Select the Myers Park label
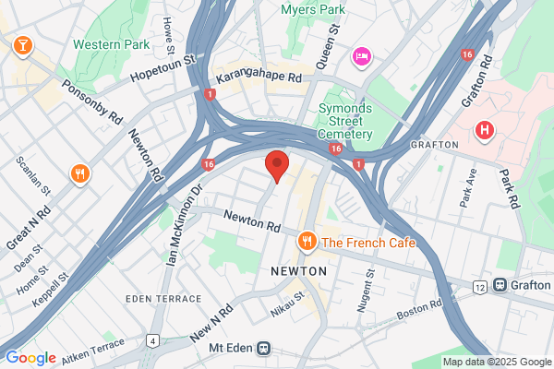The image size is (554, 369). click(x=312, y=10)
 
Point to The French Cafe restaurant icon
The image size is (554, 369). click(x=307, y=242)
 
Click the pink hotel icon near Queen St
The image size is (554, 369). click(x=360, y=57)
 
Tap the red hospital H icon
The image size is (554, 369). click(x=483, y=130)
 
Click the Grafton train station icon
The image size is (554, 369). click(x=500, y=287)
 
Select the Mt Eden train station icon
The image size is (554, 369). click(x=264, y=349)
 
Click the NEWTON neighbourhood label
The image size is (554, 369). click(x=298, y=271)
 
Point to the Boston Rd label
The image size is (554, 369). click(x=418, y=310)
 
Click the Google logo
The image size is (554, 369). click(x=30, y=358)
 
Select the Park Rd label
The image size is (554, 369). click(x=510, y=186)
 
